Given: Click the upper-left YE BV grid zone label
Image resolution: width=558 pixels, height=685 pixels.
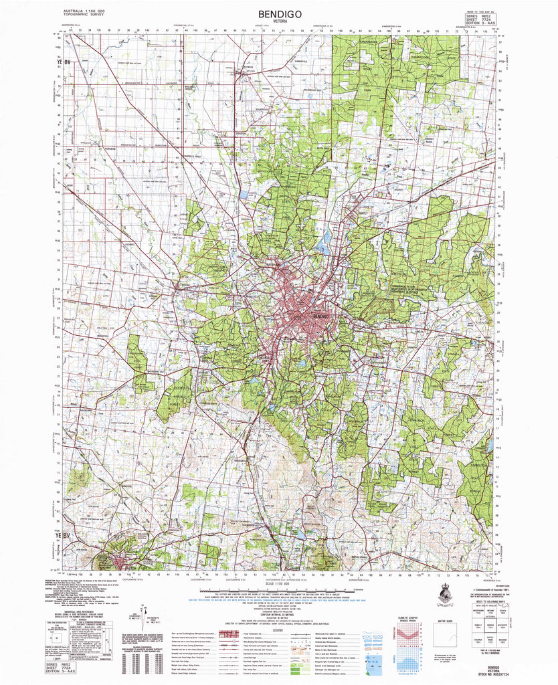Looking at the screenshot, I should (x=64, y=64).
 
